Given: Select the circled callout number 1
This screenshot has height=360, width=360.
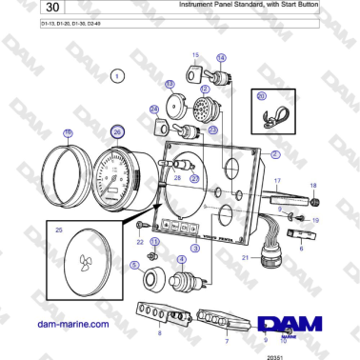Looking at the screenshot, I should (116, 74).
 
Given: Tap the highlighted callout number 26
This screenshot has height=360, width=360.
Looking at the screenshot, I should (117, 132).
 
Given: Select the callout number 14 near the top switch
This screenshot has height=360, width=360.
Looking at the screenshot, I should (222, 57).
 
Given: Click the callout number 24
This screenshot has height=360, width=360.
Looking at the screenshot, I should (154, 110).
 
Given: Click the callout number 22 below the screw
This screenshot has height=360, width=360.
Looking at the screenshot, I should (140, 242).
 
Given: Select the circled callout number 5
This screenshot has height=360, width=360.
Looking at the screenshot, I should (134, 265).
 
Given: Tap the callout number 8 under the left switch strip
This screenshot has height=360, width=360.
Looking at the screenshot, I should (160, 334).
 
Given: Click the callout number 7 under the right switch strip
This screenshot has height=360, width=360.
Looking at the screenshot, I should (227, 339).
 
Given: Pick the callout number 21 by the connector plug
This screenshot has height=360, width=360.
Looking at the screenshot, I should (244, 257).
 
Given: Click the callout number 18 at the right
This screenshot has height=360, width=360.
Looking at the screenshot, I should (312, 186).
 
